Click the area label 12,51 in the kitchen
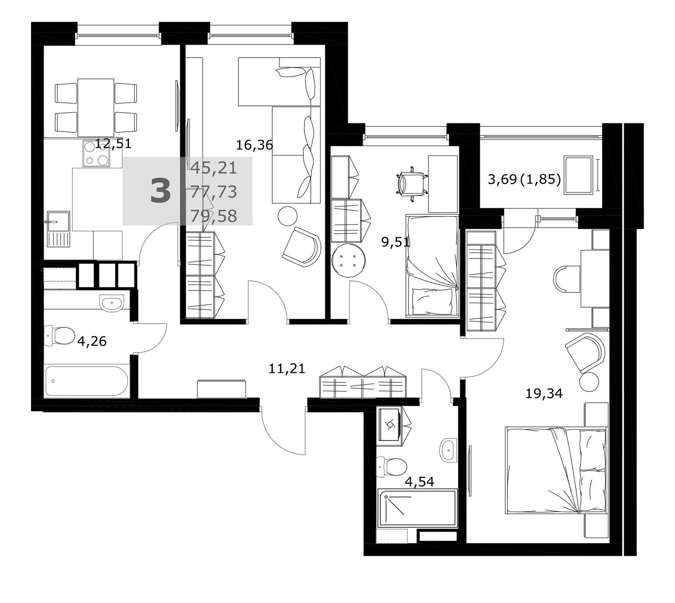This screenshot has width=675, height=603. coord(113,144)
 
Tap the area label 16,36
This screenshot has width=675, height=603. coord(255,145)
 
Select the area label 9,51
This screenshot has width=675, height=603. coord(396,242)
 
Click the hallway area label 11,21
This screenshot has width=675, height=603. coord(287,368)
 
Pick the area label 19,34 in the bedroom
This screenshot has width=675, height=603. coord(544,394)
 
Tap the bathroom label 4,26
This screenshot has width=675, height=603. coord(92,341)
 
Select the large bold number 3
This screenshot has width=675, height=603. coord(161,191)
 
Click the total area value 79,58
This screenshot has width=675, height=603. coord(214,216)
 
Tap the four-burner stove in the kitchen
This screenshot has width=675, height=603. coord(97,153)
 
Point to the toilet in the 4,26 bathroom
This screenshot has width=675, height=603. coord(59,336)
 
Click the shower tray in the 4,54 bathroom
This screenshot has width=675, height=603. coord(417,508)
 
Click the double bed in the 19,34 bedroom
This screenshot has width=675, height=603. coord(556,470)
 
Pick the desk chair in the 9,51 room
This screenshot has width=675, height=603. coord(411,184)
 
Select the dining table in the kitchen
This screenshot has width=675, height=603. coord(95,107)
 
